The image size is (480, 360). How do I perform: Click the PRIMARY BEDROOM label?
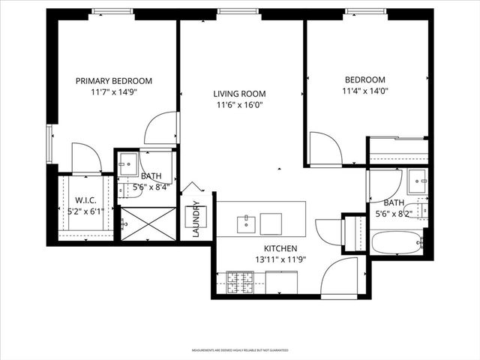coord(114,81)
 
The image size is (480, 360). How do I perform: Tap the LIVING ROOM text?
coord(239,94)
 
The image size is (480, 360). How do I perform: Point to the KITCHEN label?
coord(280,249)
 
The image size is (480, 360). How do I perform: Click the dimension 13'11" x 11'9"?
coord(280,260)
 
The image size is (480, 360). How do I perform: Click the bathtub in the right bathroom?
coord(397,243)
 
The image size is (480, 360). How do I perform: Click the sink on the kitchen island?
coord(246,222)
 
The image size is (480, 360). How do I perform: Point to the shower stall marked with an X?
coord(148,223)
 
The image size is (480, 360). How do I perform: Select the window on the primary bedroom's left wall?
coord(49,143)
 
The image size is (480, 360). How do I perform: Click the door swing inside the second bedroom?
coord(323,148)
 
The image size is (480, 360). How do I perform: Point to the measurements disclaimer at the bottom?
coord(239,350)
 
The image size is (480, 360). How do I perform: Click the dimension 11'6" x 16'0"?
coord(239,106)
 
